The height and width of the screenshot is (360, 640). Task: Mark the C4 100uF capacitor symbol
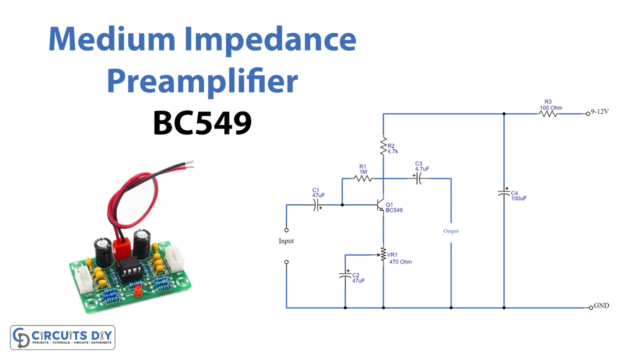tap(503, 193)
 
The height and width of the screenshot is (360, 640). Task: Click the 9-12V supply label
tap(603, 114)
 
